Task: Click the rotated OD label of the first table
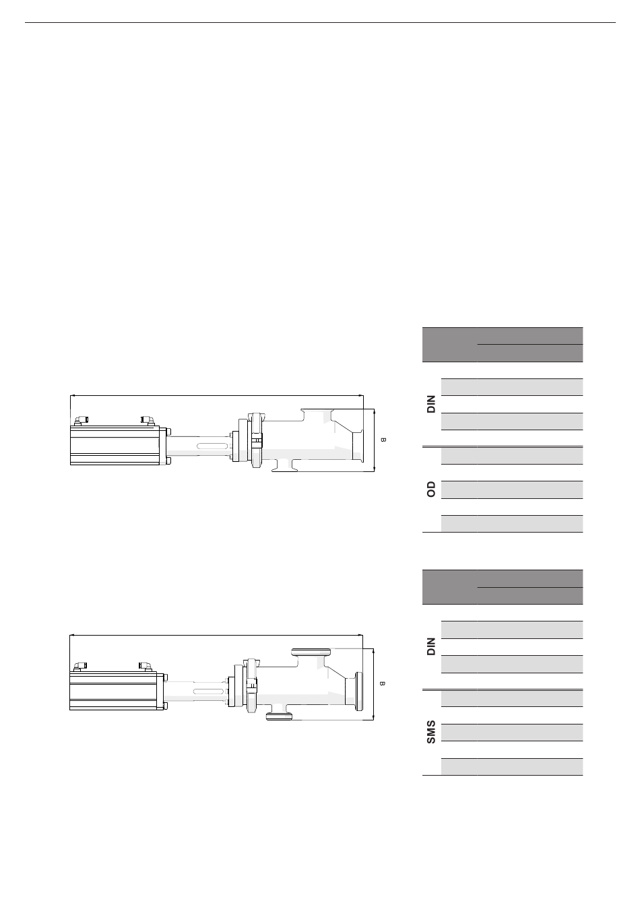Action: [x=431, y=490]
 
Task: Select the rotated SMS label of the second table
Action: [x=431, y=732]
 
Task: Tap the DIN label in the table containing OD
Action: [x=431, y=404]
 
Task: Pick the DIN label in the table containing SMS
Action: [x=431, y=646]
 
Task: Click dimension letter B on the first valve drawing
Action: [x=383, y=440]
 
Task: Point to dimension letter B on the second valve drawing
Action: [x=382, y=683]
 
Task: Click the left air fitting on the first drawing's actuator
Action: [x=82, y=421]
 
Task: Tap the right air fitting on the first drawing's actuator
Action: [x=148, y=421]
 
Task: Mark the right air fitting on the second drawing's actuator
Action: [x=146, y=666]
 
